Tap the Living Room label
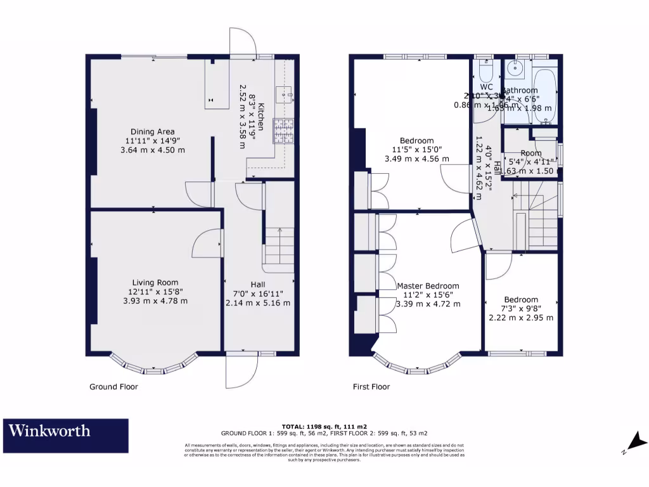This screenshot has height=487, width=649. tap(155, 283)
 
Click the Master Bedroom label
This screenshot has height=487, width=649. tap(428, 286)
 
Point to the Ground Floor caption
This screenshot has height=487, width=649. tap(113, 387)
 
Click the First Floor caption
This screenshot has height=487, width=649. tap(371, 387)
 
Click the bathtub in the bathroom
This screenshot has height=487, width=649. tap(545, 95)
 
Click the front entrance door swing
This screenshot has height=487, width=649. tap(242, 371)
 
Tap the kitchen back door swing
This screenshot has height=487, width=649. tap(243, 41)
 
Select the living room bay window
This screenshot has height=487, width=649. tap(151, 366)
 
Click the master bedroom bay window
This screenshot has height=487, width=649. tap(416, 366)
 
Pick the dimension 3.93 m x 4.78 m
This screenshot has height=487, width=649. tap(155, 301)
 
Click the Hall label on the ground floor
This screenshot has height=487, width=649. tap(257, 285)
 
